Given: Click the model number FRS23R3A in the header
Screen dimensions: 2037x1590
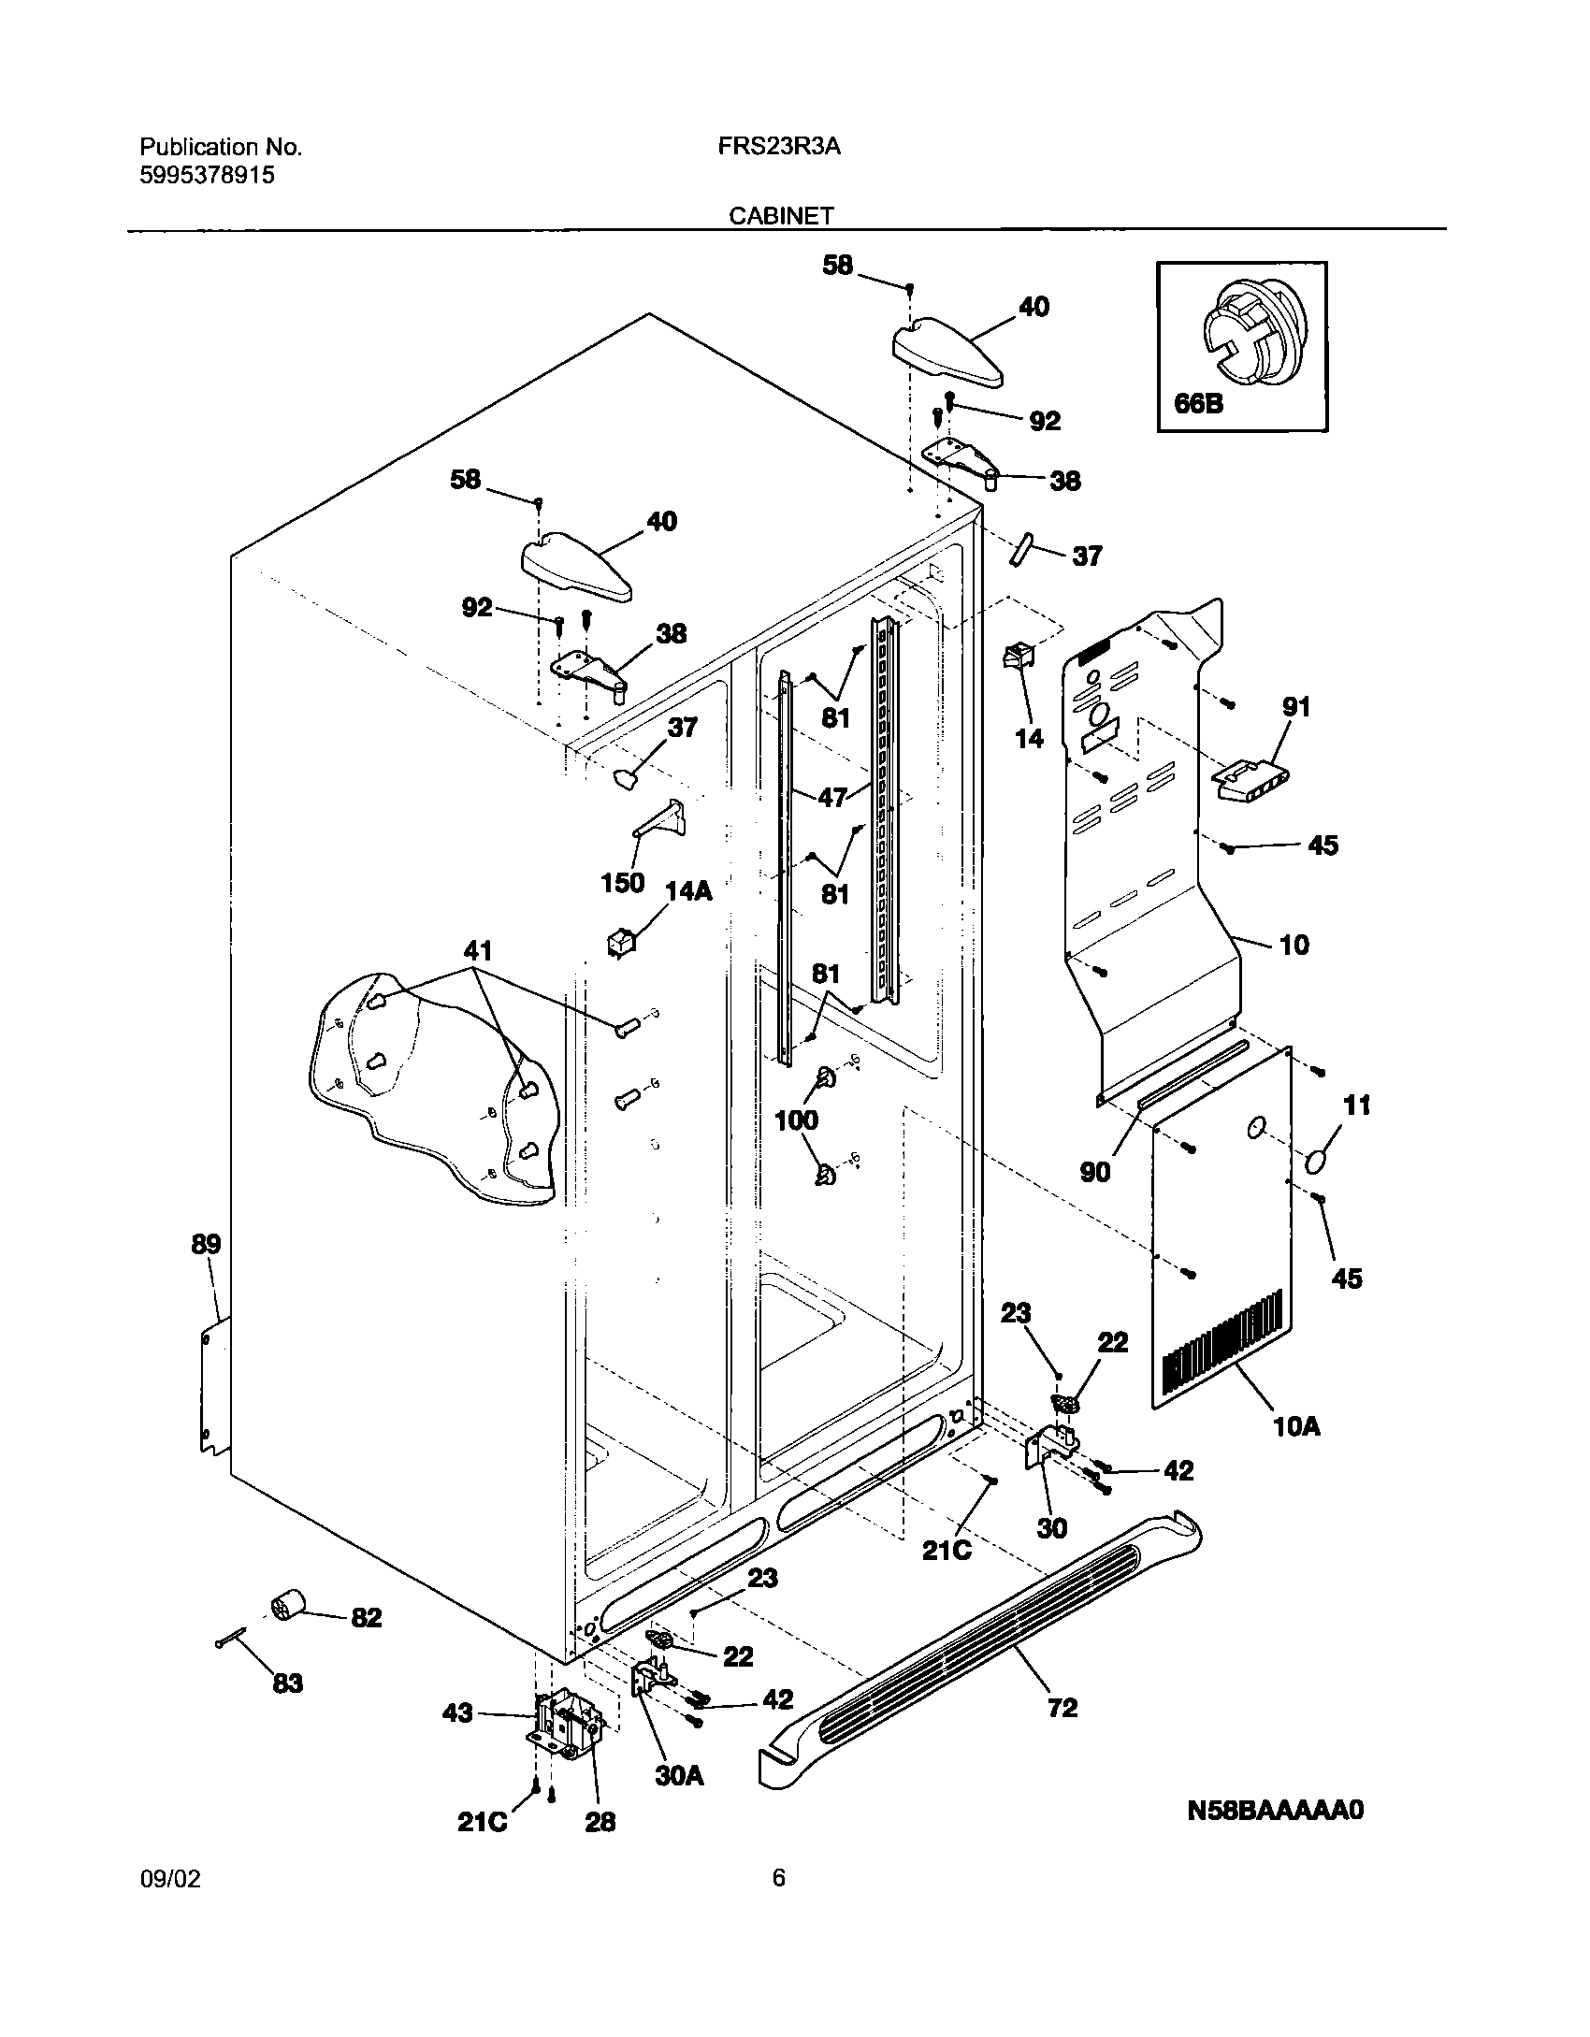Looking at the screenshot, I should [x=780, y=147].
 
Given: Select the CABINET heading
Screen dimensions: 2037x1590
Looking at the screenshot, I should [x=781, y=216].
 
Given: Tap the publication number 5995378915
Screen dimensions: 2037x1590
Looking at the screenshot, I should [x=207, y=175].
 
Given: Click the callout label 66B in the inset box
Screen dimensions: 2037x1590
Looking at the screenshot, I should [x=1198, y=405].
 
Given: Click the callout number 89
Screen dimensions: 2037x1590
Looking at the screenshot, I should [x=206, y=1244].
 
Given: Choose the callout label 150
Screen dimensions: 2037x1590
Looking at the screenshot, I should [x=623, y=882].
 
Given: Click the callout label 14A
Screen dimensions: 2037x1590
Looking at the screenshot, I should [x=688, y=891].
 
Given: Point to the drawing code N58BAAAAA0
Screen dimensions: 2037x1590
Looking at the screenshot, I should [x=1275, y=1811].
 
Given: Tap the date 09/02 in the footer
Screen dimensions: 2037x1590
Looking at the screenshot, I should [x=170, y=1879].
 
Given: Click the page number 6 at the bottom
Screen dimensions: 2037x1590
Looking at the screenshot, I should [x=779, y=1878].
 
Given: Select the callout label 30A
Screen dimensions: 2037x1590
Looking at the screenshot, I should [x=679, y=1776].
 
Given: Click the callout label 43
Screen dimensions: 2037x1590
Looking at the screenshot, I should [x=456, y=1713].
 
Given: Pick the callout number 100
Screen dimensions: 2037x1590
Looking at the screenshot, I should [x=797, y=1120].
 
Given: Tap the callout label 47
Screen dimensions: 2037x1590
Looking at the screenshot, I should [x=831, y=797].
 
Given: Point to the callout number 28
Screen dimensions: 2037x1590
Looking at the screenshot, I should [x=600, y=1822].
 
